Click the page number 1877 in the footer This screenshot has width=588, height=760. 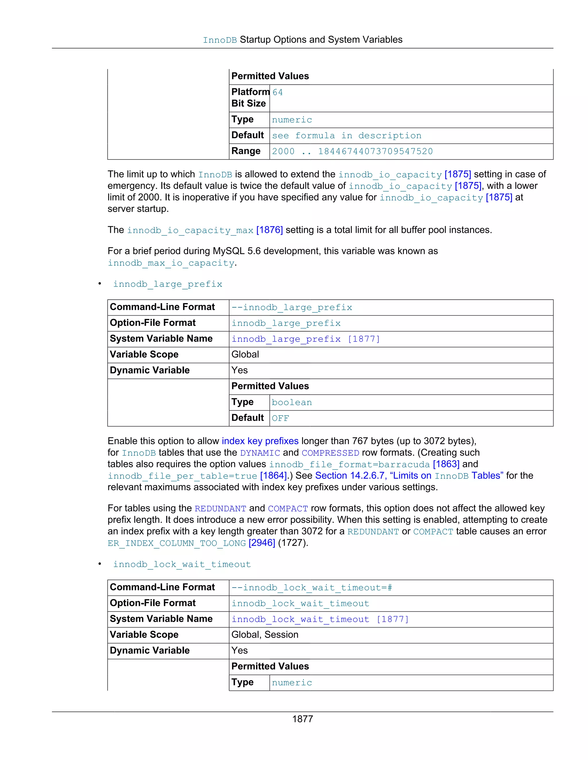point(302,719)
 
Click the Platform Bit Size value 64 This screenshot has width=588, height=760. point(278,92)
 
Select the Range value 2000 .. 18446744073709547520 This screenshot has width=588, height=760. point(352,151)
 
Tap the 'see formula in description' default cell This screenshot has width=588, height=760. point(347,135)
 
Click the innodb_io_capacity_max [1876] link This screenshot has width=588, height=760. point(205,230)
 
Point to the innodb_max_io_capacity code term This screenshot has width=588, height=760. point(171,263)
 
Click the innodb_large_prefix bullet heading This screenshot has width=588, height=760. point(168,284)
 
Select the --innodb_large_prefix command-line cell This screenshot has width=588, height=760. point(292,307)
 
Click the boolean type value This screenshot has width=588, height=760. point(292,402)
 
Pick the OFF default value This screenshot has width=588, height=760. point(281,418)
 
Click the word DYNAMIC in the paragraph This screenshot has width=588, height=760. point(260,453)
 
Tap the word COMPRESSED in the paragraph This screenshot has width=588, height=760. point(330,453)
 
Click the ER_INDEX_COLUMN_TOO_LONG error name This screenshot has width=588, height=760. point(177,543)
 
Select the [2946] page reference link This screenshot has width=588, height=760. point(262,543)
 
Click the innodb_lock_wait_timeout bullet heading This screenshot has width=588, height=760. point(182,564)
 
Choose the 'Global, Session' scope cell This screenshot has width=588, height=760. point(265,634)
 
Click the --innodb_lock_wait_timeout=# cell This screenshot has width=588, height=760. point(312,587)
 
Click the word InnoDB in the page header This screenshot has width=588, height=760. point(220,40)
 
